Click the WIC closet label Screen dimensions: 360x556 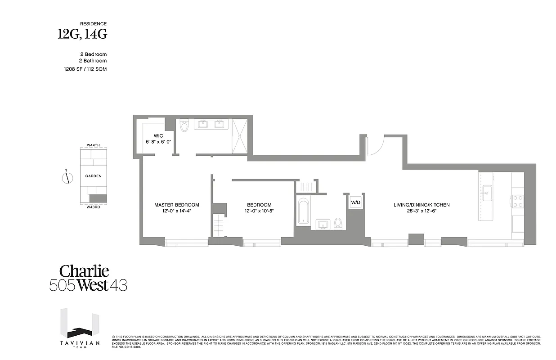click(158, 135)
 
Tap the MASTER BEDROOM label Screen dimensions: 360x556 click(176, 205)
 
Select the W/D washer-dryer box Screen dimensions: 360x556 click(355, 202)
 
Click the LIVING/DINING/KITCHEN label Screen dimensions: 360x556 click(421, 205)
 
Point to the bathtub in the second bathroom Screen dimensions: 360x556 click(303, 211)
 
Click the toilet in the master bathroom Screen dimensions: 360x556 click(184, 126)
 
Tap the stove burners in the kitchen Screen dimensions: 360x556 click(518, 201)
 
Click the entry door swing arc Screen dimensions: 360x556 click(376, 145)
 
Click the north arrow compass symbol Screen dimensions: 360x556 click(67, 178)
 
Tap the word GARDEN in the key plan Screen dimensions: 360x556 click(94, 176)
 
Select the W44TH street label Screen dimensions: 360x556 click(94, 145)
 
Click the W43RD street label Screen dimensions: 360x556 click(94, 207)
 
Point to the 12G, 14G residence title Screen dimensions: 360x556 click(82, 34)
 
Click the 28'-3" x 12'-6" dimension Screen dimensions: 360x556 click(421, 211)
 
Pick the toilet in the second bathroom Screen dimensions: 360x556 click(338, 222)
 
